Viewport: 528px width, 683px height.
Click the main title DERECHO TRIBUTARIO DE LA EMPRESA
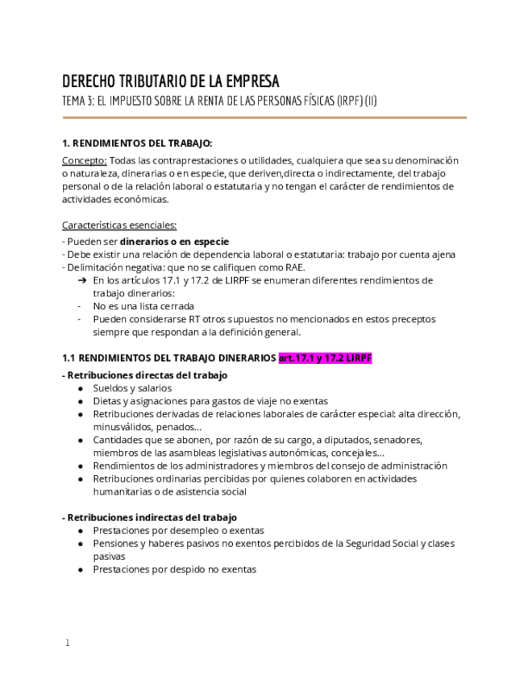click(x=171, y=81)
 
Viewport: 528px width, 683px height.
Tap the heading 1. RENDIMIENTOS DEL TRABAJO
click(x=137, y=143)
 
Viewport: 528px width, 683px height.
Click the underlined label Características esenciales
click(x=119, y=225)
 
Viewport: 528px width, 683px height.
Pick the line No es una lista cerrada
click(x=143, y=306)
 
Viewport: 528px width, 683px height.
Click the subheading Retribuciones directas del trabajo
click(x=146, y=375)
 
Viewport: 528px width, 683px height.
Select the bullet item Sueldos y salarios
click(x=131, y=387)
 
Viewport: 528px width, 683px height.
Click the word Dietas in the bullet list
click(x=106, y=400)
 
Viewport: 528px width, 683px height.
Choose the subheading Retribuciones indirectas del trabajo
click(x=151, y=517)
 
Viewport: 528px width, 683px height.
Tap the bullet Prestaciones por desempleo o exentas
click(x=178, y=531)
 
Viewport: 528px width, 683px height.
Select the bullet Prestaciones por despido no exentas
click(x=174, y=569)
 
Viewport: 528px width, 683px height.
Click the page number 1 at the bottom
click(x=68, y=643)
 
